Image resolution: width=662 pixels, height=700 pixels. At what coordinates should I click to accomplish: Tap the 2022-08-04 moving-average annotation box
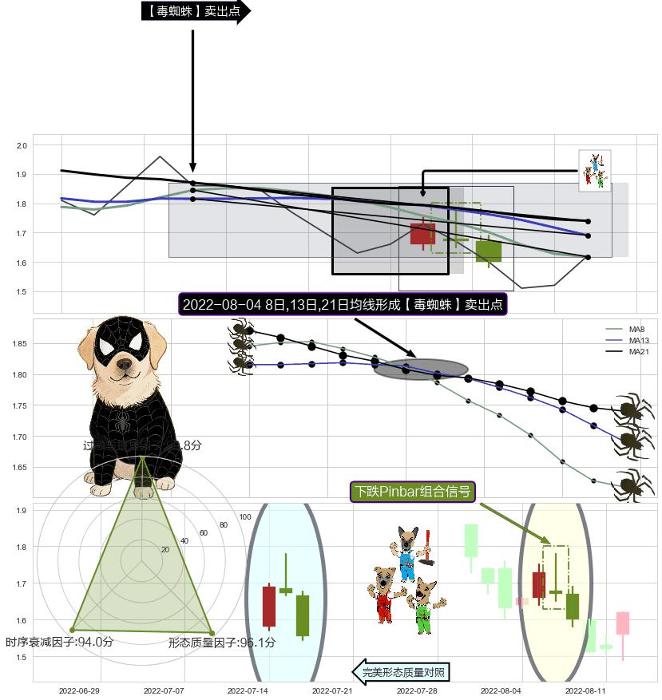(x=343, y=305)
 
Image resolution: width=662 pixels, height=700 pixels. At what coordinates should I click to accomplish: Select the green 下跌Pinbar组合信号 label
(x=413, y=491)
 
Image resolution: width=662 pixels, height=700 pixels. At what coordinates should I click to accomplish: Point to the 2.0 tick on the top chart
(x=22, y=145)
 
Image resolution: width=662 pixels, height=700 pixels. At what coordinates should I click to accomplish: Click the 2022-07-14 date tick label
(x=248, y=690)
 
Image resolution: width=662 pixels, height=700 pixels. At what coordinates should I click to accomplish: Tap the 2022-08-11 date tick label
(x=585, y=690)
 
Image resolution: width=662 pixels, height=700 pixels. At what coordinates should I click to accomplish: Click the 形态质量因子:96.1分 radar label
(x=221, y=643)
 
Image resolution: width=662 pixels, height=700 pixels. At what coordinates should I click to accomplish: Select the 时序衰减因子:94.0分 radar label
(x=59, y=642)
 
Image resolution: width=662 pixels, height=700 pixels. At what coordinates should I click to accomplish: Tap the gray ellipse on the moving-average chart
(x=420, y=369)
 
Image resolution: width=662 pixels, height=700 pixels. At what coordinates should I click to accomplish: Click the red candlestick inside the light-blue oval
(x=269, y=607)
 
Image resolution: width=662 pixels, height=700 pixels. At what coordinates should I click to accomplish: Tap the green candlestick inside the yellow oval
(x=572, y=606)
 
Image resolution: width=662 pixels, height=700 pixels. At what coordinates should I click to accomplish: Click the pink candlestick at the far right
(x=623, y=623)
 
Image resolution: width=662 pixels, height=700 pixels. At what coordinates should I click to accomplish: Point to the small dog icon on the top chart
(x=594, y=171)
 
